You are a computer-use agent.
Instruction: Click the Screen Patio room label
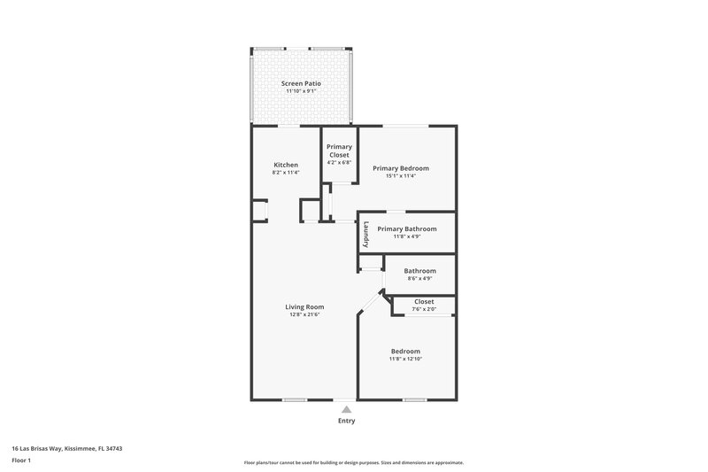click(x=301, y=83)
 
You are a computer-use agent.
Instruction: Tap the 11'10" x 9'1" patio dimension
click(x=301, y=91)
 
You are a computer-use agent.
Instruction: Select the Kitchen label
click(x=286, y=165)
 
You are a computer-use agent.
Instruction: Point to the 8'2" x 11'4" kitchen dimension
click(x=286, y=173)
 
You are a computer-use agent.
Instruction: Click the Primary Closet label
click(x=339, y=151)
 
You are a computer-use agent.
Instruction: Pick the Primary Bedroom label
click(x=401, y=168)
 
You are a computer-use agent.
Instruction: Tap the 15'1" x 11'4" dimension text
click(x=401, y=176)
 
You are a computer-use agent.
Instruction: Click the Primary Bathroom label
click(x=407, y=228)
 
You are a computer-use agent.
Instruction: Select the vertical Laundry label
click(x=365, y=235)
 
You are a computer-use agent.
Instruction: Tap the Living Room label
click(x=304, y=307)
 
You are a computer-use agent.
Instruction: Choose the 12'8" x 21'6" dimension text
click(x=304, y=315)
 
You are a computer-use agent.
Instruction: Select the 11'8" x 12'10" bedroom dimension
click(x=405, y=359)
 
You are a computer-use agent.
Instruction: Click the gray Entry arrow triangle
click(x=346, y=410)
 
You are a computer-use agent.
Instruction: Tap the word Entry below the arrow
click(x=346, y=421)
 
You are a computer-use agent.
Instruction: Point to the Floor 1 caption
click(x=21, y=460)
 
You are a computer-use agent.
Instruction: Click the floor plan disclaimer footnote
click(x=353, y=462)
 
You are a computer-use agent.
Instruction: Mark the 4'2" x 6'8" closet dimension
click(x=339, y=163)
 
